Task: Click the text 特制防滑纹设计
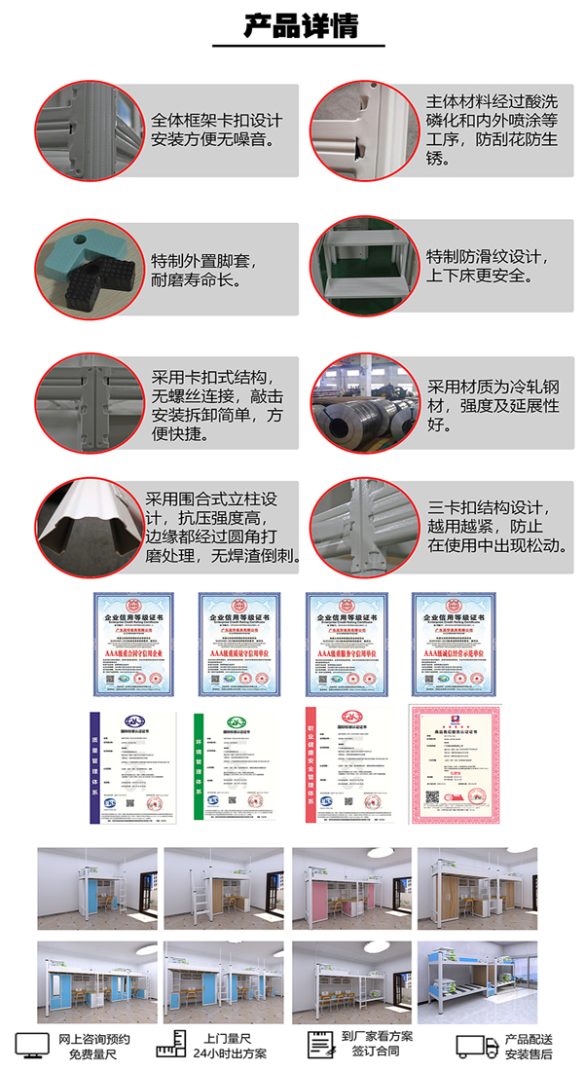pos(483,258)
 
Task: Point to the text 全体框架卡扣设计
pos(217,121)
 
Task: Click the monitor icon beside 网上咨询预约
pos(31,1046)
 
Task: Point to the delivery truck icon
pos(478,1047)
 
